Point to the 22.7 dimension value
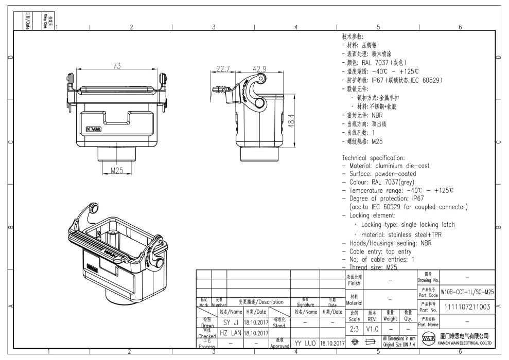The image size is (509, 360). pos(223,69)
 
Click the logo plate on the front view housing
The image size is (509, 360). pos(94,129)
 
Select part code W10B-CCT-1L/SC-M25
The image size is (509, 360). pos(467,292)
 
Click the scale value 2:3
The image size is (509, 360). pos(354,328)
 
